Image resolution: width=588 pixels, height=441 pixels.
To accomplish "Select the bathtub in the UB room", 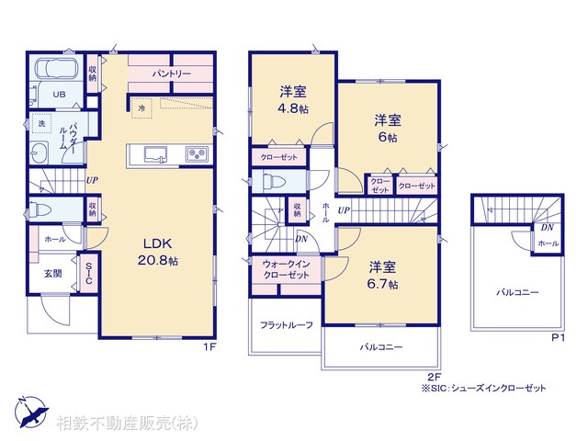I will [56, 69].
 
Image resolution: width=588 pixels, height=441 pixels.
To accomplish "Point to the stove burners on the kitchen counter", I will [198, 153].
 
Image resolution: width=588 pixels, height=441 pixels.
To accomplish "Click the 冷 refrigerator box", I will [141, 107].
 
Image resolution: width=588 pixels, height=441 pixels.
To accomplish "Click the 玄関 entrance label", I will [51, 273].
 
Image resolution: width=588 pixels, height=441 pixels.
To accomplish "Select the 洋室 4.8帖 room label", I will [292, 99].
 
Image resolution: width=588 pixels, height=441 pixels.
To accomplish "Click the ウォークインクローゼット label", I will [283, 268].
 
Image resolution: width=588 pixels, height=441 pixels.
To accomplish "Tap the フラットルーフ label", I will [286, 325].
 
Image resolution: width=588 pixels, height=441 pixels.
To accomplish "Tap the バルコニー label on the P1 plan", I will [518, 291].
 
